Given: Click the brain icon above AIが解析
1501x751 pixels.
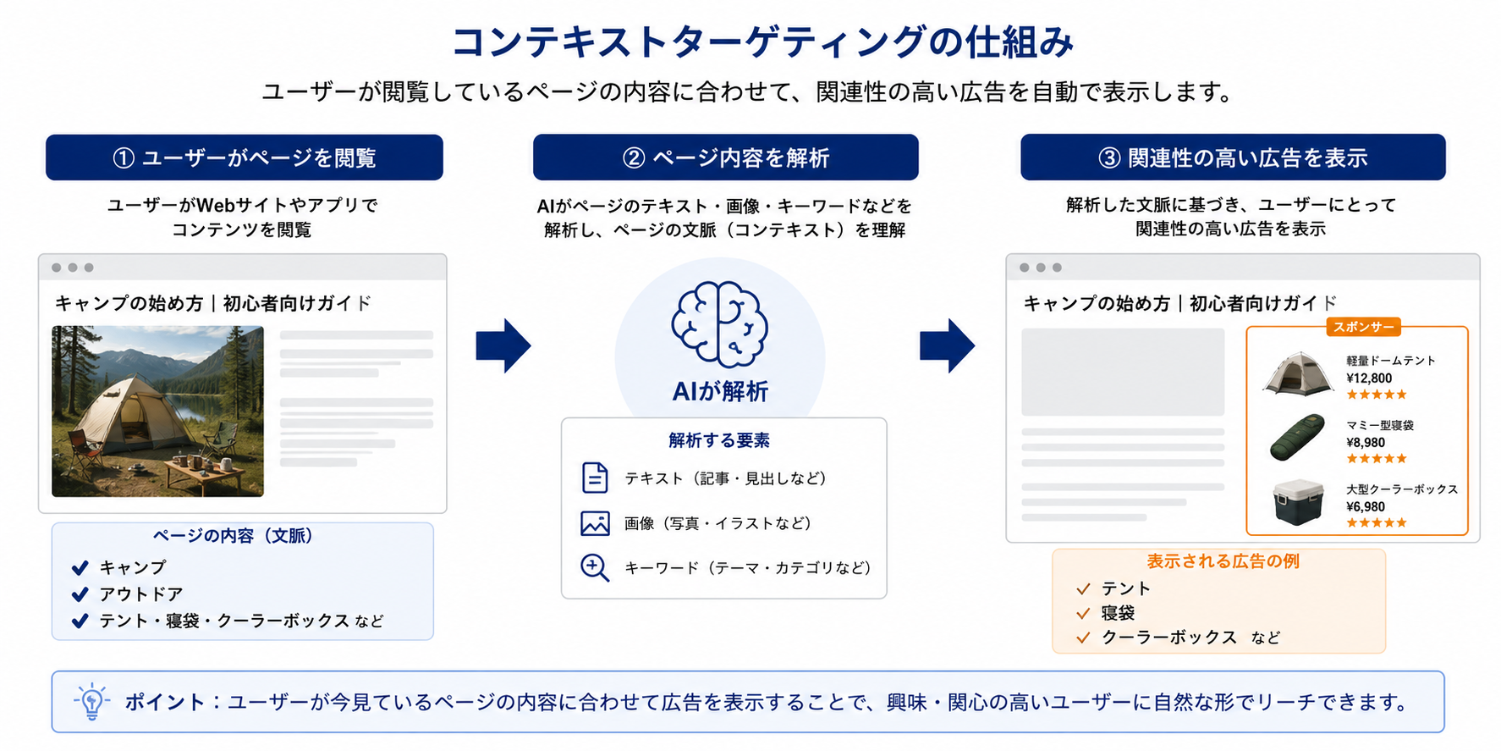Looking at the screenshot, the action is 719,324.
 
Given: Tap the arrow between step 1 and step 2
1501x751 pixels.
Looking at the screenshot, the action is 503,345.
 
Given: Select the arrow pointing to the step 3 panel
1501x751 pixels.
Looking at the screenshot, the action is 947,345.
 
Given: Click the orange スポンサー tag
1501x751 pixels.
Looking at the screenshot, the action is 1363,327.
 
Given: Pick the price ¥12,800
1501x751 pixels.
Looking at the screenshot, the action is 1369,378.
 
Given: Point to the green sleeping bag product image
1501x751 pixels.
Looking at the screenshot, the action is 1297,437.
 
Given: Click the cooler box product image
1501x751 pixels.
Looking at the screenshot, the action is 1298,502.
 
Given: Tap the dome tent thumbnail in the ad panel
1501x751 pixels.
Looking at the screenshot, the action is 1298,373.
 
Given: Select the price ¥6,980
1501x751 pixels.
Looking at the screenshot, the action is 1366,507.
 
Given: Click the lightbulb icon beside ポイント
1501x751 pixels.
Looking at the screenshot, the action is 92,702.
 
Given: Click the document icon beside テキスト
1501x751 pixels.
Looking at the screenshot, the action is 595,478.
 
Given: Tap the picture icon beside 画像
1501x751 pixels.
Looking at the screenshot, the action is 595,523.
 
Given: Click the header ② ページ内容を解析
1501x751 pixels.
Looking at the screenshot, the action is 726,157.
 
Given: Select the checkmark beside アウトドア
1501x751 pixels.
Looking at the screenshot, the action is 80,594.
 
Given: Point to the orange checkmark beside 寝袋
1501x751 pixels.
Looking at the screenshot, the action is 1083,613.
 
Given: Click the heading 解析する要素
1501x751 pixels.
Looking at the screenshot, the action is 719,440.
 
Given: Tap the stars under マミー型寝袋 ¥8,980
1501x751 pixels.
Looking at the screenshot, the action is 1377,459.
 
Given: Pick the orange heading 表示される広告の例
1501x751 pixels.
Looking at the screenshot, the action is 1223,561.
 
